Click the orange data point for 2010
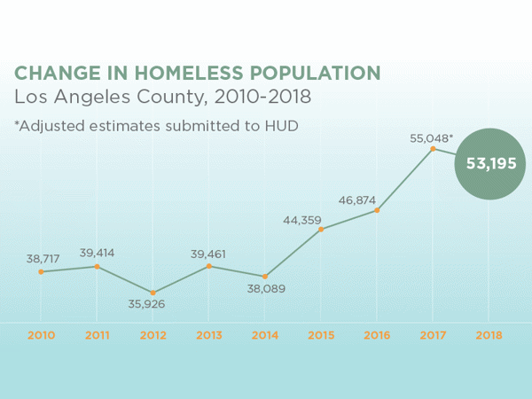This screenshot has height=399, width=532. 41,271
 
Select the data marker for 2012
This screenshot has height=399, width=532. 153,293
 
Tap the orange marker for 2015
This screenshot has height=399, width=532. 321,229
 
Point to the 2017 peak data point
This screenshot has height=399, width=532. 433,149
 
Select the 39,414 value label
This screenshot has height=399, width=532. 98,253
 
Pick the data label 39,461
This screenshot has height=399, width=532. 209,254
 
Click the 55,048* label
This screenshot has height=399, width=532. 432,138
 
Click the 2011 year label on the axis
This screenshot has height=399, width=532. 97,335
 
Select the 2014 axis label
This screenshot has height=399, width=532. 265,335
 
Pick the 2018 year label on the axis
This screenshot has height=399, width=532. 489,335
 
